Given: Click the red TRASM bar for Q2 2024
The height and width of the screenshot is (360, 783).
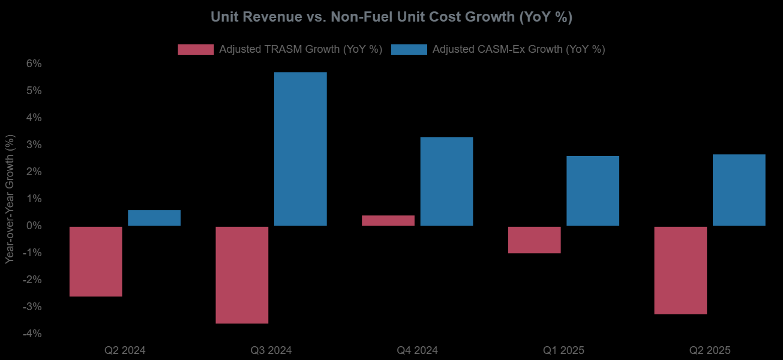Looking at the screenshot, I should click(96, 261).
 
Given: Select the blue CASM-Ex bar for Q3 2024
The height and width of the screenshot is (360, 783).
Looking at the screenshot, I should click(301, 149).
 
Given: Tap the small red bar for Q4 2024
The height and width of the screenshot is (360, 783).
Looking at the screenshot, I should click(388, 221).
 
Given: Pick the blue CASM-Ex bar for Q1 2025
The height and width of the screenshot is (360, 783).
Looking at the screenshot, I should click(593, 191).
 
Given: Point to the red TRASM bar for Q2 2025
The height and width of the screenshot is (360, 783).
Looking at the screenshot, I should click(680, 270).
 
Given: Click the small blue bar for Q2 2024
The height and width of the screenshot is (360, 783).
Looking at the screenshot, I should click(154, 218).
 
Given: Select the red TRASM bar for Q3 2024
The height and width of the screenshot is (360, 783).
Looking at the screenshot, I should click(242, 275).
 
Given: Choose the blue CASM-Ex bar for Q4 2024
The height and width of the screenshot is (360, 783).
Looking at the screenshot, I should click(446, 181).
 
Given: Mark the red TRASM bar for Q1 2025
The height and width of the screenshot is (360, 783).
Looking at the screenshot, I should click(534, 239).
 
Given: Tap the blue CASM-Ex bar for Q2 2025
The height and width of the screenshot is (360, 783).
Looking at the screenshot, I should click(739, 190).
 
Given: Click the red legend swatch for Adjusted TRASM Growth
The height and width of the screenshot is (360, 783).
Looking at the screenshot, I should click(196, 50).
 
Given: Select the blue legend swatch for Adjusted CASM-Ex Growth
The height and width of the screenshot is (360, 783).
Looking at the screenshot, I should click(409, 50).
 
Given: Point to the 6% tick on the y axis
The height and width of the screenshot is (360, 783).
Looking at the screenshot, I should click(33, 64).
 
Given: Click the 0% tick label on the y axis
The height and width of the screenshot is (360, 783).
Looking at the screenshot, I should click(33, 226).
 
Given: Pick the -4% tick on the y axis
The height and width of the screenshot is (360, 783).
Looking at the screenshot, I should click(31, 334).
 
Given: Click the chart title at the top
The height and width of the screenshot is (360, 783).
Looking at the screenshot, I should click(391, 17).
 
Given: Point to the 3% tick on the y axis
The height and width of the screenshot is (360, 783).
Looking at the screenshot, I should click(33, 145).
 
